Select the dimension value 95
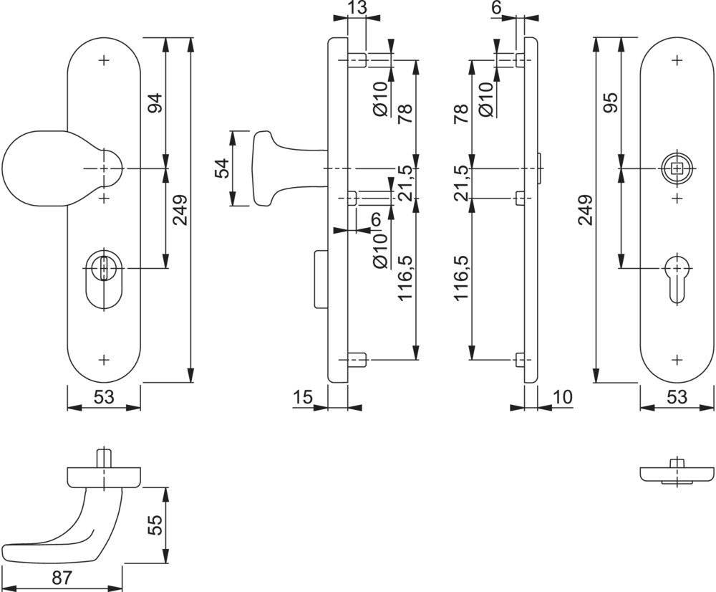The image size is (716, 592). [611, 103]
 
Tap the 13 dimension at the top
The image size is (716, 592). [357, 8]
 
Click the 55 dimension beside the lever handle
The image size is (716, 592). [155, 526]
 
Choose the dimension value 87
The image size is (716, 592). [62, 578]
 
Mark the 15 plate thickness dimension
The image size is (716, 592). [303, 397]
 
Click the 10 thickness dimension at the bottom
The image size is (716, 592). [563, 397]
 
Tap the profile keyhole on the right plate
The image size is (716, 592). [677, 280]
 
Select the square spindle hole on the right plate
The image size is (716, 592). [677, 169]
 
